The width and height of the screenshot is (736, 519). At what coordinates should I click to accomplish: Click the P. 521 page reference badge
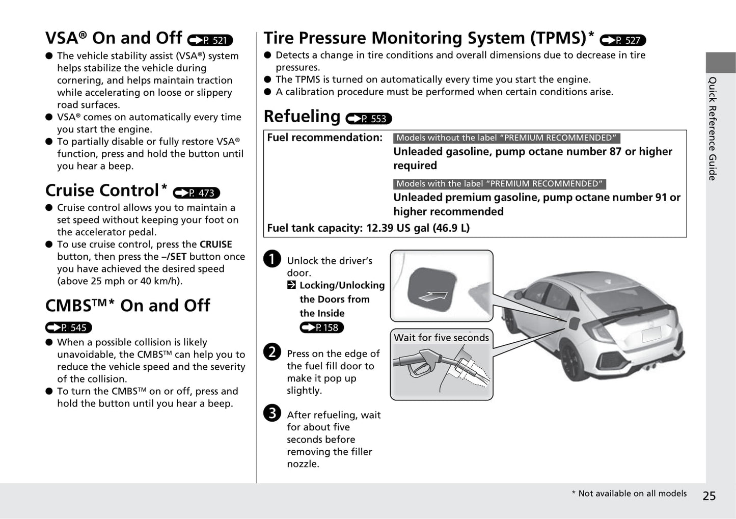pos(210,40)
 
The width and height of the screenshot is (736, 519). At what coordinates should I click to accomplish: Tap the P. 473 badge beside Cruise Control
pos(197,193)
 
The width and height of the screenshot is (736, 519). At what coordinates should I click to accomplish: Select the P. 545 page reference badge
pos(68,327)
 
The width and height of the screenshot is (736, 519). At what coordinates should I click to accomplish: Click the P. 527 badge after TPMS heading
pos(623,40)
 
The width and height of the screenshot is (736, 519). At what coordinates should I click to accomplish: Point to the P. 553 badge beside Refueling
pos(369,119)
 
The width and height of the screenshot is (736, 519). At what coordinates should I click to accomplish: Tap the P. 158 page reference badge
pos(322,327)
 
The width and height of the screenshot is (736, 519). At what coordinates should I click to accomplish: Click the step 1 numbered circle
pos(272,259)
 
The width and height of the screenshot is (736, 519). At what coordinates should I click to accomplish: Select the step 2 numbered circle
pos(272,352)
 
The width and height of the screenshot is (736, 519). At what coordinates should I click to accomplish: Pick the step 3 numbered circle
pos(272,413)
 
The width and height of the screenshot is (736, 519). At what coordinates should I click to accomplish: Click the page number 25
pos(709,496)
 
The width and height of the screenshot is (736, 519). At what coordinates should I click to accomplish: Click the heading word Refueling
pos(302,117)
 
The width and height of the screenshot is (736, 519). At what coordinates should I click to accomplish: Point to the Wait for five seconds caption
pos(441,337)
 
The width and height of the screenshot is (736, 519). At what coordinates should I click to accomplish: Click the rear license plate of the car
pos(651,334)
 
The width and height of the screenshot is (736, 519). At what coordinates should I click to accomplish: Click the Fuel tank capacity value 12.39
pos(380,228)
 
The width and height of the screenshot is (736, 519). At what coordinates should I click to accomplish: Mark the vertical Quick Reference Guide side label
pos(713,128)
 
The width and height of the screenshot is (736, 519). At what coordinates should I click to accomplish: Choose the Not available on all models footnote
pos(629,493)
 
